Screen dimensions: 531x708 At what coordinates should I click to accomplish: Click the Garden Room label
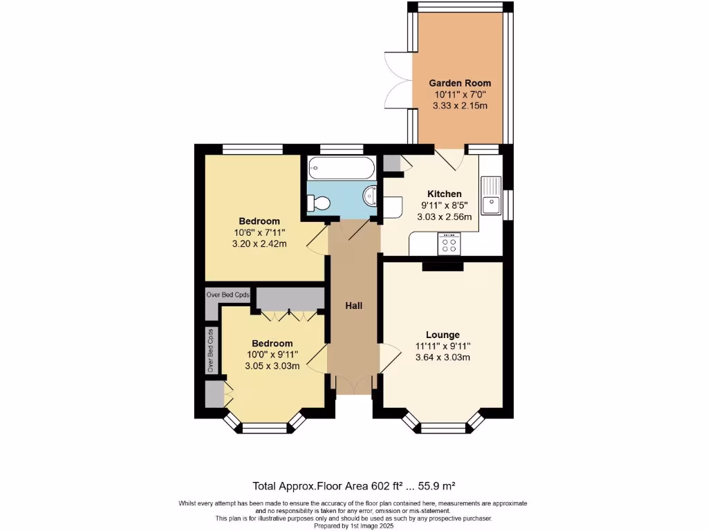point(460,83)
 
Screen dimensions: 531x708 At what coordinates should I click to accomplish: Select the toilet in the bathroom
point(319,203)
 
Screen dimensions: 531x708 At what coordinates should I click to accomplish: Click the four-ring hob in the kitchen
point(449,244)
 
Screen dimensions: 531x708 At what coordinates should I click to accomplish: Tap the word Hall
point(354,306)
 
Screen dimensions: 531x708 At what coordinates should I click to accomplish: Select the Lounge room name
point(442,335)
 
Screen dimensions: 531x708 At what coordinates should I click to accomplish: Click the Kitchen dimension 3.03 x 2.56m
point(444,216)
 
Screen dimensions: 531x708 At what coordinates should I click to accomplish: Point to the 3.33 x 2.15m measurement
point(460,106)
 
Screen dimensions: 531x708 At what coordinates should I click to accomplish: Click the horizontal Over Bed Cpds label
point(228,295)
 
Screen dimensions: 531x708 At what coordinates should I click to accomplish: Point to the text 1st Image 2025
point(378,526)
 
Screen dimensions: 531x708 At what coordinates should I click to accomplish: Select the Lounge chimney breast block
point(442,266)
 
